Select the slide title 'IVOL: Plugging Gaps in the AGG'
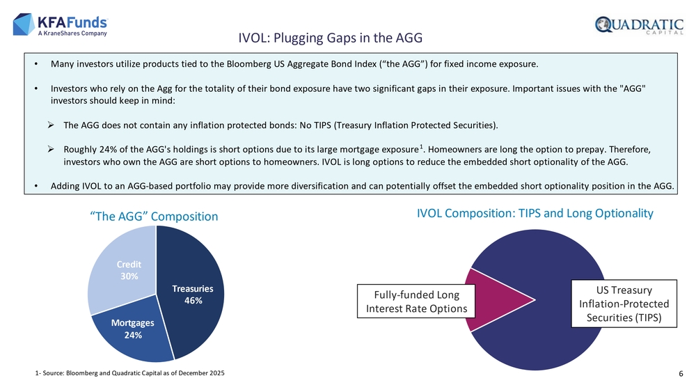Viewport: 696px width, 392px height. [x=331, y=36]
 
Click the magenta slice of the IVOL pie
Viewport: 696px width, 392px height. [x=494, y=299]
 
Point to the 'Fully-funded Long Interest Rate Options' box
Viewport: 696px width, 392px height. [x=411, y=301]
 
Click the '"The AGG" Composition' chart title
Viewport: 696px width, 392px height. [x=154, y=217]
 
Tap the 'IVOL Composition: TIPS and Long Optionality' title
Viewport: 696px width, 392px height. [x=535, y=214]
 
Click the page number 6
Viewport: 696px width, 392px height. [x=680, y=375]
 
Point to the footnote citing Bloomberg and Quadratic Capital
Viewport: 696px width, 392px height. [x=129, y=375]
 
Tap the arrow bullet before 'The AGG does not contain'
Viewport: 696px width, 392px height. [x=52, y=125]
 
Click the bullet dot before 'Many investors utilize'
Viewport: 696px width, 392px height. [x=36, y=65]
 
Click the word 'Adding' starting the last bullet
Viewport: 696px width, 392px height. [x=66, y=186]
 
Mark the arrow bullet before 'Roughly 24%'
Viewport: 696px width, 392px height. [x=52, y=149]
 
